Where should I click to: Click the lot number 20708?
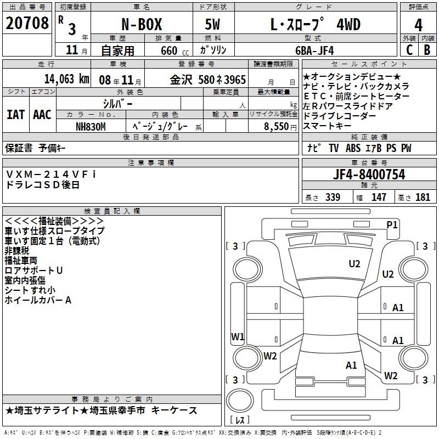point(27,23)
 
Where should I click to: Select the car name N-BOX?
point(142,24)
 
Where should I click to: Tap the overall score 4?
point(418,25)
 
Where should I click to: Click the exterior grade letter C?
point(409,50)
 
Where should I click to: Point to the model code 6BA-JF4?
point(314,50)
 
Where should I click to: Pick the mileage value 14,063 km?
point(66,79)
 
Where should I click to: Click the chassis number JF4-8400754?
point(369,175)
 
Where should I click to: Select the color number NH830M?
point(91,127)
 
